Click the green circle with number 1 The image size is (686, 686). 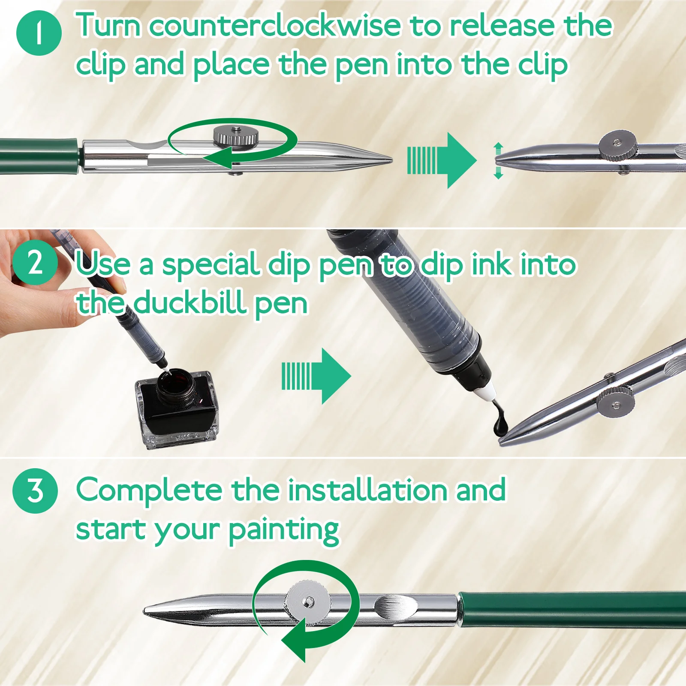(39, 33)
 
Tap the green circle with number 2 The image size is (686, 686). (35, 263)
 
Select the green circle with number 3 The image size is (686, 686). (35, 491)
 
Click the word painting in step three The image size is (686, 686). (283, 531)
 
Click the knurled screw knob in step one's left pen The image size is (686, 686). (236, 136)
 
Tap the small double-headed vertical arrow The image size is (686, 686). (498, 161)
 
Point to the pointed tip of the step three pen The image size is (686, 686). (148, 611)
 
